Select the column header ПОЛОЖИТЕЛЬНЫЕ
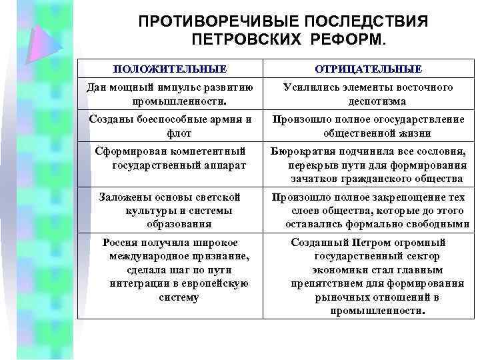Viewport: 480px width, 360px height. (169, 69)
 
